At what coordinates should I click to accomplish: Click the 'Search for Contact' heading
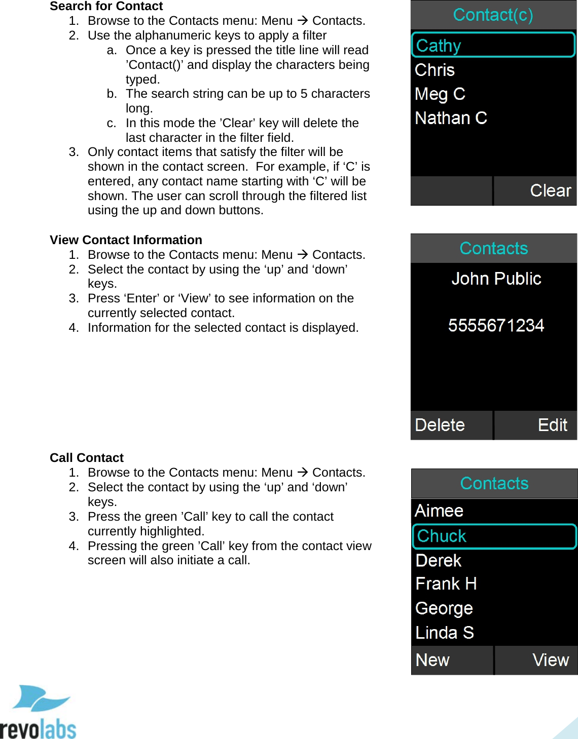point(106,6)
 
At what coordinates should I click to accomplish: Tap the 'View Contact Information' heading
point(126,240)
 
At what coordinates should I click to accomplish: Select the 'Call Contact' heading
point(87,458)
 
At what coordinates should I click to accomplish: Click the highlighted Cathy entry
point(493,45)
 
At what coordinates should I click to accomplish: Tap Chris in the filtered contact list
point(435,70)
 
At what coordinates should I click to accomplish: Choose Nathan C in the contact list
point(451,118)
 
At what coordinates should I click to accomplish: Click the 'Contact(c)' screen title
point(493,15)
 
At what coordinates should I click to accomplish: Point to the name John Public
point(496,279)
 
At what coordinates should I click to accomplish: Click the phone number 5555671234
point(496,325)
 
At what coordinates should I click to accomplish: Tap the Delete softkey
point(440,425)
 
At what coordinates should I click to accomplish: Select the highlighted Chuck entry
point(494,536)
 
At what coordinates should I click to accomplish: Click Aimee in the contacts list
point(439,511)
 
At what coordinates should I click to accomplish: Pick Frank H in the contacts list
point(446,584)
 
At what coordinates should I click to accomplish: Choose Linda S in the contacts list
point(445,633)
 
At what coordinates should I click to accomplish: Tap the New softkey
point(432,660)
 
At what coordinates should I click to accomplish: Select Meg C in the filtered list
point(440,94)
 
